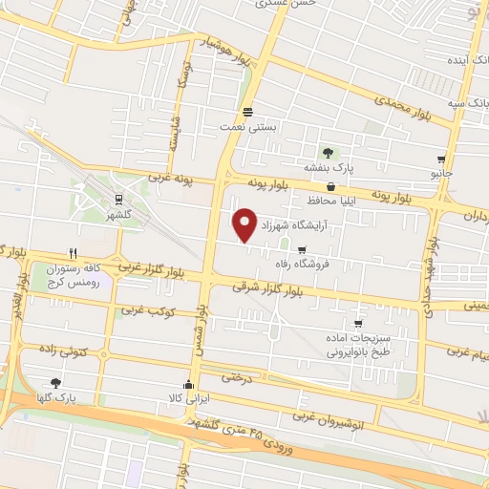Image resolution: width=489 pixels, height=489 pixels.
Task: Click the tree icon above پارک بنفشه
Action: point(329,152)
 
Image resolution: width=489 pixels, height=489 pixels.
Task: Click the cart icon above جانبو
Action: point(440,159)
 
